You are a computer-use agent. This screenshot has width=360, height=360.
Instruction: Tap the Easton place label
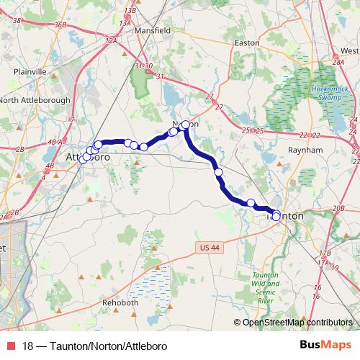tap(248, 42)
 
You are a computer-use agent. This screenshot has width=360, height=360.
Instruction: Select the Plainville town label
tap(30, 72)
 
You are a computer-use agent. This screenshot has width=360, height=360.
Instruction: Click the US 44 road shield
tap(207, 248)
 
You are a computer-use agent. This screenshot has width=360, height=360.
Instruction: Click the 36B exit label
tap(60, 24)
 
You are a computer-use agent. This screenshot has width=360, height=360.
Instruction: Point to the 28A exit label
tap(338, 63)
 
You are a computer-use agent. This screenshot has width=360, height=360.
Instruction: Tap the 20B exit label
tap(338, 208)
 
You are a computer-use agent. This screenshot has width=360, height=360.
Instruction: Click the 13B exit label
tap(130, 10)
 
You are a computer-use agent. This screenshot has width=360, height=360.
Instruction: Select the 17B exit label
tap(325, 253)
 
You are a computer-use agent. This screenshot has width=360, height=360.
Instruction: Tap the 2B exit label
tap(19, 149)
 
